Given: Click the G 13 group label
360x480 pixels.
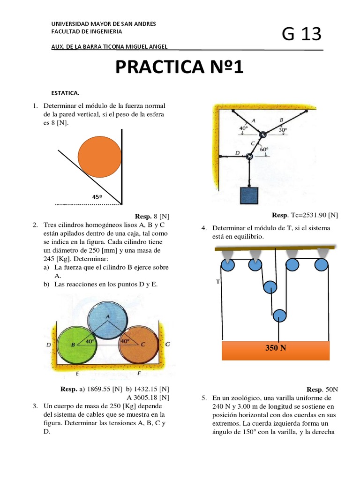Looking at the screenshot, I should click(301, 34).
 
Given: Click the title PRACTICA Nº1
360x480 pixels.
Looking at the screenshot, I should click(180, 68).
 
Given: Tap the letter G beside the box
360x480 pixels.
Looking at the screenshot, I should click(167, 344).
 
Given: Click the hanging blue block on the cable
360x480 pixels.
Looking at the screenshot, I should click(249, 195).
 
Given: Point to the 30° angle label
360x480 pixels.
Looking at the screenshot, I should click(283, 131).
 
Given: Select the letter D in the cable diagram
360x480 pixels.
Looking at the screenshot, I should click(237, 153).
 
